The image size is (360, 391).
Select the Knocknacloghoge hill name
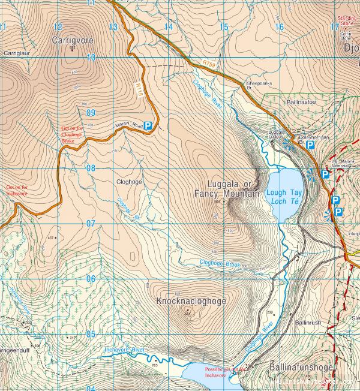pyautogui.click(x=191, y=301)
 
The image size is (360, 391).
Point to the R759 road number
pyautogui.click(x=208, y=62)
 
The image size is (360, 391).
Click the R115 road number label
pyautogui.click(x=140, y=90)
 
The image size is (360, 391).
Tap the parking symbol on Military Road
pyautogui.click(x=147, y=127)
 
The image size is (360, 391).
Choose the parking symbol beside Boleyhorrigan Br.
pyautogui.click(x=310, y=145)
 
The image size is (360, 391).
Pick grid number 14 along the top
pyautogui.click(x=169, y=27)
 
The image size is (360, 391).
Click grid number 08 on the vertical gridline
pyautogui.click(x=91, y=168)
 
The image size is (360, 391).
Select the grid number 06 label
pyautogui.click(x=91, y=278)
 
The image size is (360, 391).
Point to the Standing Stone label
pyautogui.click(x=347, y=21)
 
